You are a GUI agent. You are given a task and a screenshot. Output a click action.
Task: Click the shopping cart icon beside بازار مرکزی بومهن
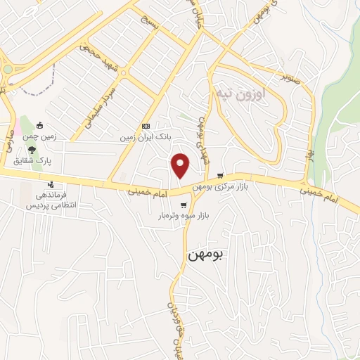[x=220, y=176]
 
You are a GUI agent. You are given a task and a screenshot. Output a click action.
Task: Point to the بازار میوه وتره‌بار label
[x=181, y=218]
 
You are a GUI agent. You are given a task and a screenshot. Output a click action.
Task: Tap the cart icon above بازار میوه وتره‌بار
[x=184, y=205]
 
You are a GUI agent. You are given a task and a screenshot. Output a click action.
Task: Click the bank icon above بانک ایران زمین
[x=146, y=126]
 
